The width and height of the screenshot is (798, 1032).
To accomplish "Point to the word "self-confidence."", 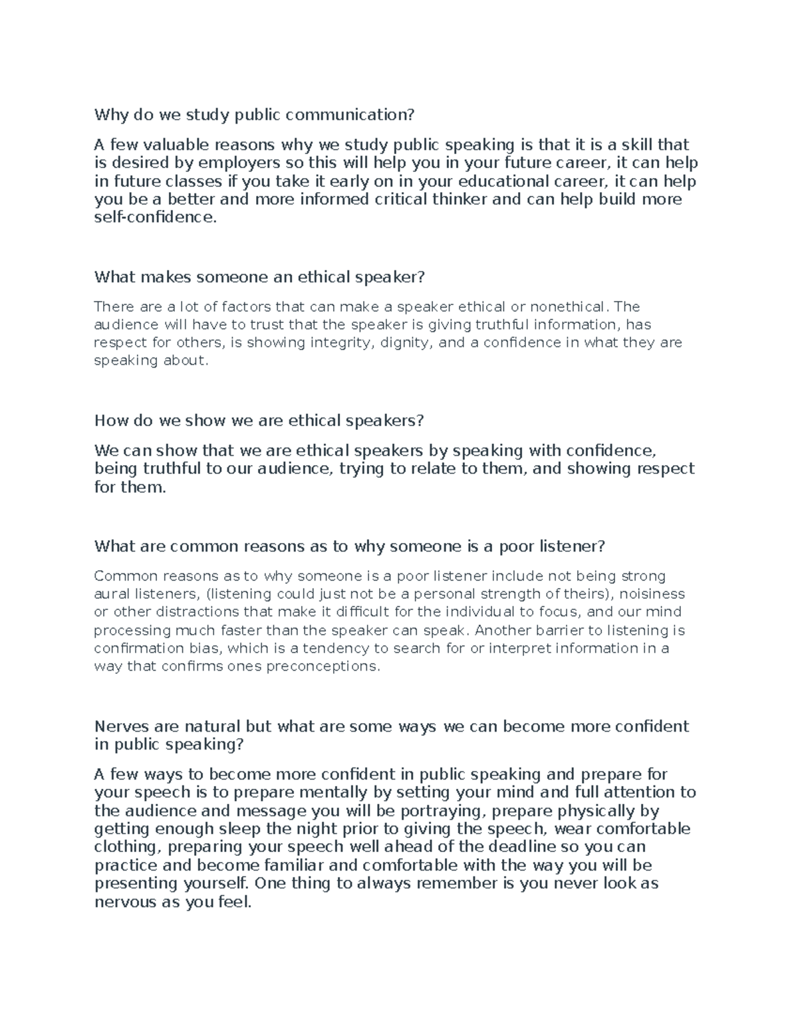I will (x=156, y=217).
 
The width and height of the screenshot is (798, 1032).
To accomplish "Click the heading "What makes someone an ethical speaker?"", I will (x=259, y=276).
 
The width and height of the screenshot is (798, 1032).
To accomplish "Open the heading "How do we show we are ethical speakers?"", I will (x=259, y=421).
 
